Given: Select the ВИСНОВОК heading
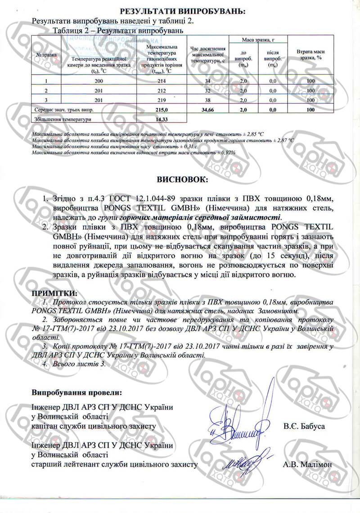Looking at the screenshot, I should pyautogui.click(x=182, y=180).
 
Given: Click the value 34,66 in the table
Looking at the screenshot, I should pyautogui.click(x=207, y=109).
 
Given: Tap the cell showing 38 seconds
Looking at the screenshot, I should pyautogui.click(x=207, y=99).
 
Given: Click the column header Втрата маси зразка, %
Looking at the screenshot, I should pyautogui.click(x=310, y=54).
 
